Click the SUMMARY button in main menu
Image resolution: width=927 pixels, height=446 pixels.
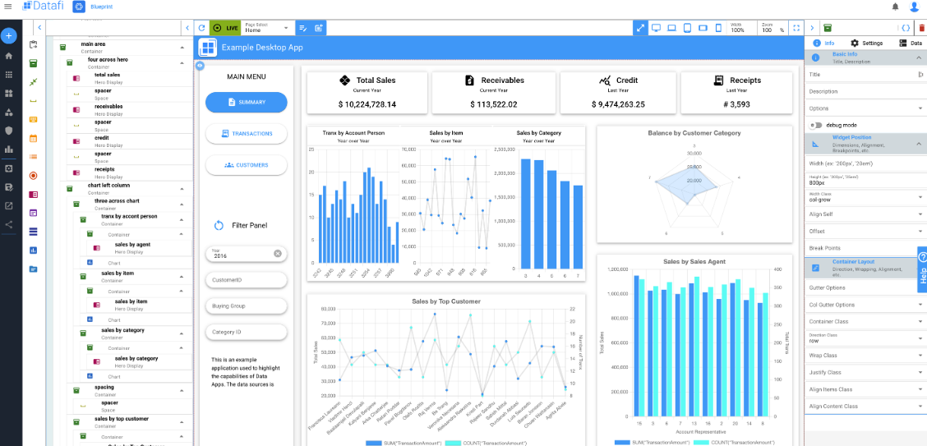247,102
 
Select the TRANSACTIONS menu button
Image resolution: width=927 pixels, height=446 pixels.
247,134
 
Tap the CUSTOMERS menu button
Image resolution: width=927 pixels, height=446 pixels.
247,165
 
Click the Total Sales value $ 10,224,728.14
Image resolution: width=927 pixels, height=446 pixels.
367,104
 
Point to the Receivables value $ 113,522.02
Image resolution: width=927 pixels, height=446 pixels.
494,104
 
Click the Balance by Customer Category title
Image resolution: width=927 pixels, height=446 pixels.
694,133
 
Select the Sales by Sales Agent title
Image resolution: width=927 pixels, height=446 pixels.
694,261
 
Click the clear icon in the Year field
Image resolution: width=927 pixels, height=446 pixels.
278,253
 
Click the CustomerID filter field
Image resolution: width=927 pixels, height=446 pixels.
247,280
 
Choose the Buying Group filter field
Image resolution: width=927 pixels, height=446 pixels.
247,306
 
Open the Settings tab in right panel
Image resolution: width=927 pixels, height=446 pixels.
866,43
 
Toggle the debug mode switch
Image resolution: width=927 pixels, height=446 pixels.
816,125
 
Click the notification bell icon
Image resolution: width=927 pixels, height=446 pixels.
896,7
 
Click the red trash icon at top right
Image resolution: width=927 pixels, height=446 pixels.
921,28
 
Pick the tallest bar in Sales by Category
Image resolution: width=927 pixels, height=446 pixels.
526,214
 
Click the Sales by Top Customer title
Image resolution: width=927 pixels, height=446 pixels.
446,301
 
